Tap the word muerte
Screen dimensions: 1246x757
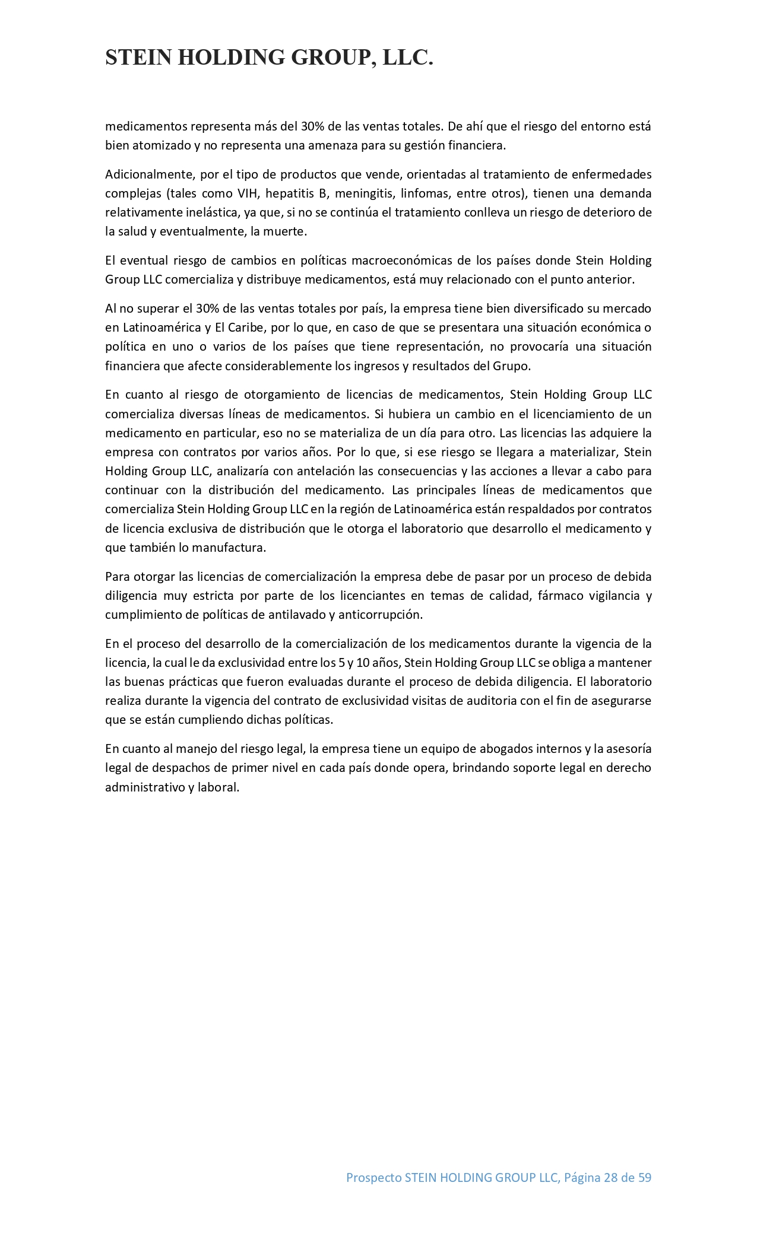[x=284, y=231]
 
